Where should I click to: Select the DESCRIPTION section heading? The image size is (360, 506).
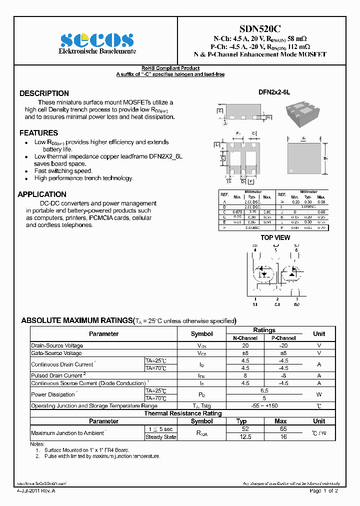44,93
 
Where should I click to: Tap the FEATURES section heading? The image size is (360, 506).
38,133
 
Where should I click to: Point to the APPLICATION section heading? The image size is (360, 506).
42,194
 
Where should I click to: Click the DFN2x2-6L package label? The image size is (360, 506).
274,93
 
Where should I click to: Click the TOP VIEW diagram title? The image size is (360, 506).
275,238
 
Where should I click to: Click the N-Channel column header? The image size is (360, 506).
245,338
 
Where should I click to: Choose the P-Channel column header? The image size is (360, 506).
283,338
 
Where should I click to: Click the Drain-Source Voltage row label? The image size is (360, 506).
57,345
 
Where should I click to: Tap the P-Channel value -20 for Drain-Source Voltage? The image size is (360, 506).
283,345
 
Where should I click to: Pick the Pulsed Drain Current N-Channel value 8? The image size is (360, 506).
245,375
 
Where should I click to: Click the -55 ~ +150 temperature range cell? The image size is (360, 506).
264,406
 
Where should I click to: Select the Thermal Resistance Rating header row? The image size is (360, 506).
182,413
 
